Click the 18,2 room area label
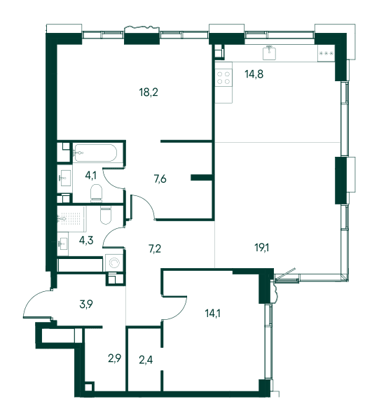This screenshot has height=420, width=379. click(x=149, y=92)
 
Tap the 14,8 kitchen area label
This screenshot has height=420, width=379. click(x=254, y=73)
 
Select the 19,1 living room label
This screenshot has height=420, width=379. click(x=262, y=248)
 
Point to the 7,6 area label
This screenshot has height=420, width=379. click(x=160, y=178)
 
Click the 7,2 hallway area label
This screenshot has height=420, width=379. click(x=155, y=248)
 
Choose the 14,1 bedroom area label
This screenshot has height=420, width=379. click(x=212, y=313)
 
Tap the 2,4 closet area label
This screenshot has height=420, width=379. click(x=146, y=360)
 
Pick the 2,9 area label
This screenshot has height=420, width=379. click(x=115, y=358)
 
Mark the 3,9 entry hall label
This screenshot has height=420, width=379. click(x=86, y=304)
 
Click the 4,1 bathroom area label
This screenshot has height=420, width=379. click(x=90, y=176)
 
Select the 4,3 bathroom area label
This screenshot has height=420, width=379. click(x=86, y=240)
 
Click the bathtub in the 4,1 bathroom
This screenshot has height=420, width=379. click(x=95, y=153)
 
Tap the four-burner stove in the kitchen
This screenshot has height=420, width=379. click(x=223, y=78)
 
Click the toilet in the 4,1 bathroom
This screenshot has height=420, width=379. click(x=97, y=193)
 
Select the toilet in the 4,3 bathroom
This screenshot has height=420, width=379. click(x=106, y=215)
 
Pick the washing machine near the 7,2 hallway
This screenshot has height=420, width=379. click(x=114, y=262)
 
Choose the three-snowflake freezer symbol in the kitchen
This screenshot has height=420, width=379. click(x=326, y=53)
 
